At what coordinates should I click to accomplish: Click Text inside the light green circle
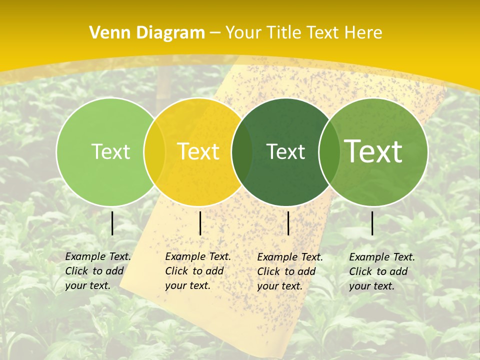tap(110, 151)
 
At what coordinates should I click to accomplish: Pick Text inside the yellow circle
tap(198, 151)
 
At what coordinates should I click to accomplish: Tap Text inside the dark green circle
tap(285, 151)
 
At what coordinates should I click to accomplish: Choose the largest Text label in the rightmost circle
tap(373, 151)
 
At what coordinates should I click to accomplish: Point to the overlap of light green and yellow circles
tap(154, 152)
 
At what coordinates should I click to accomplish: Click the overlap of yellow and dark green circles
tap(242, 152)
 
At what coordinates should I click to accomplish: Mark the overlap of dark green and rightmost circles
tap(329, 152)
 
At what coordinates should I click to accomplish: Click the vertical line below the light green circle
tap(112, 223)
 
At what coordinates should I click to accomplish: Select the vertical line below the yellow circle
tap(200, 223)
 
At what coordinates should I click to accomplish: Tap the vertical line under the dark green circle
tap(288, 223)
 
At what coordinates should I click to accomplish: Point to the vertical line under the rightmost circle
tap(372, 223)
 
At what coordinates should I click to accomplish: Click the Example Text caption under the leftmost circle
tap(98, 271)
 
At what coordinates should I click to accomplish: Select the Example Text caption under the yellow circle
tap(198, 271)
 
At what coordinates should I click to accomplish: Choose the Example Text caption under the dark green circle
tap(290, 271)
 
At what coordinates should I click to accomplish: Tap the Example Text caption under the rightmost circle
tap(382, 271)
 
